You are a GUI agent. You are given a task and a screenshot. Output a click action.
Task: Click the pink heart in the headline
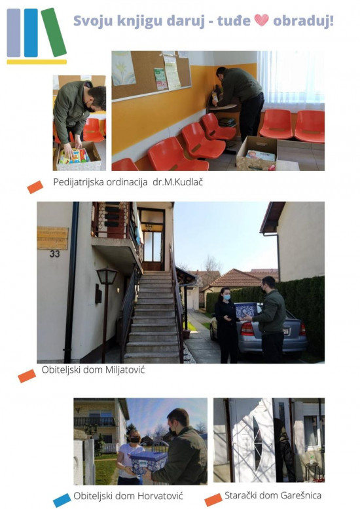pyautogui.click(x=261, y=20)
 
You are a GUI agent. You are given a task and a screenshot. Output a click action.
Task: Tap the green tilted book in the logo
pyautogui.click(x=54, y=32)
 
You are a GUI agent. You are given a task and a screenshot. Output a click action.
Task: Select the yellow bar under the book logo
pyautogui.click(x=37, y=62)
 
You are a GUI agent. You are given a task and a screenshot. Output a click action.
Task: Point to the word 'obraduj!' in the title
pyautogui.click(x=303, y=21)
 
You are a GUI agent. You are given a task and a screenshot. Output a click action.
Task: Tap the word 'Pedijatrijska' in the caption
pyautogui.click(x=77, y=182)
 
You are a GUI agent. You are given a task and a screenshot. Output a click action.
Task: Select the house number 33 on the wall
pyautogui.click(x=54, y=254)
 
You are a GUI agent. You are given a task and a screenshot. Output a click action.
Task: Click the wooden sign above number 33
pyautogui.click(x=52, y=238)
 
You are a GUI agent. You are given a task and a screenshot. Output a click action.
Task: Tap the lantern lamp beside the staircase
pyautogui.click(x=107, y=276)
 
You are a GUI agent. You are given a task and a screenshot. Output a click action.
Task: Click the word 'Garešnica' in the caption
pyautogui.click(x=300, y=495)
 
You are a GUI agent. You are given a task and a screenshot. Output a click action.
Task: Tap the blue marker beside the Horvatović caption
pyautogui.click(x=62, y=500)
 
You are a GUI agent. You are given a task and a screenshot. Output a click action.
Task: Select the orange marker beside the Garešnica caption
pyautogui.click(x=213, y=500)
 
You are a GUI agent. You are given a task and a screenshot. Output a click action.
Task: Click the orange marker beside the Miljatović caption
pyautogui.click(x=27, y=376)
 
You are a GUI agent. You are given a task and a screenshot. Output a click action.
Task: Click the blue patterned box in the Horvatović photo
pyautogui.click(x=149, y=462)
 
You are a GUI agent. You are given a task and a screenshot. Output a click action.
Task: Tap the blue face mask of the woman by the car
pyautogui.click(x=227, y=297)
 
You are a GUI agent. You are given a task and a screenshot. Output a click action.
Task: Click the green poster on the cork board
pyautogui.click(x=160, y=79)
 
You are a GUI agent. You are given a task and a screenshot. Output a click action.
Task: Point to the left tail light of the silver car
pyautogui.click(x=247, y=329)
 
